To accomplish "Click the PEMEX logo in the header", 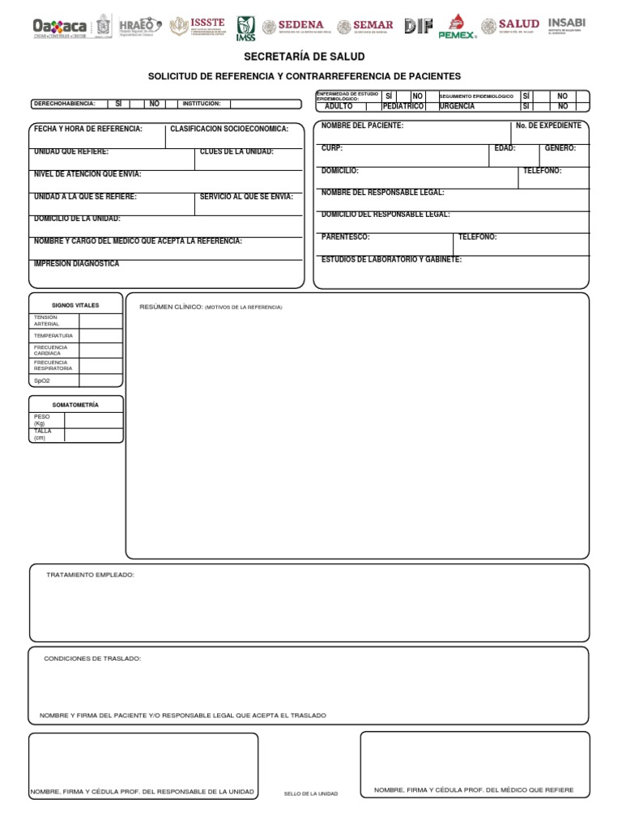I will [x=457, y=27].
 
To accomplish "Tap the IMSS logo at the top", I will [x=245, y=28].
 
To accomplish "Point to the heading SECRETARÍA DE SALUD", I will [x=304, y=57].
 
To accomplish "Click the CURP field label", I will [x=332, y=149].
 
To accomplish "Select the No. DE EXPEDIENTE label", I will [x=548, y=126].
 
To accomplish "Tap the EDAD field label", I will [x=505, y=149].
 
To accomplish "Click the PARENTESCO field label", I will [x=345, y=237].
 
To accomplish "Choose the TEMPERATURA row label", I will [x=53, y=335].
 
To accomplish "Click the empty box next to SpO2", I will [x=100, y=380].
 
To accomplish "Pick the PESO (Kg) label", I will [x=42, y=420].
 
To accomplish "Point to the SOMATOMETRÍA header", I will [x=75, y=405].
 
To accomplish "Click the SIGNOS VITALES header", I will [x=75, y=305].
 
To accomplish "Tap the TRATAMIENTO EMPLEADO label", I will [x=90, y=575].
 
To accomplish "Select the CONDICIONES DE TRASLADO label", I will [x=92, y=659].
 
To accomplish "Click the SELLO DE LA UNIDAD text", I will [x=311, y=794].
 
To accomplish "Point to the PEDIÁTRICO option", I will [x=403, y=107].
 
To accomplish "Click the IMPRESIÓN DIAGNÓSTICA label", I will [x=76, y=264].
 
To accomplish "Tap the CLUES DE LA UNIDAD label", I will [x=236, y=152].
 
